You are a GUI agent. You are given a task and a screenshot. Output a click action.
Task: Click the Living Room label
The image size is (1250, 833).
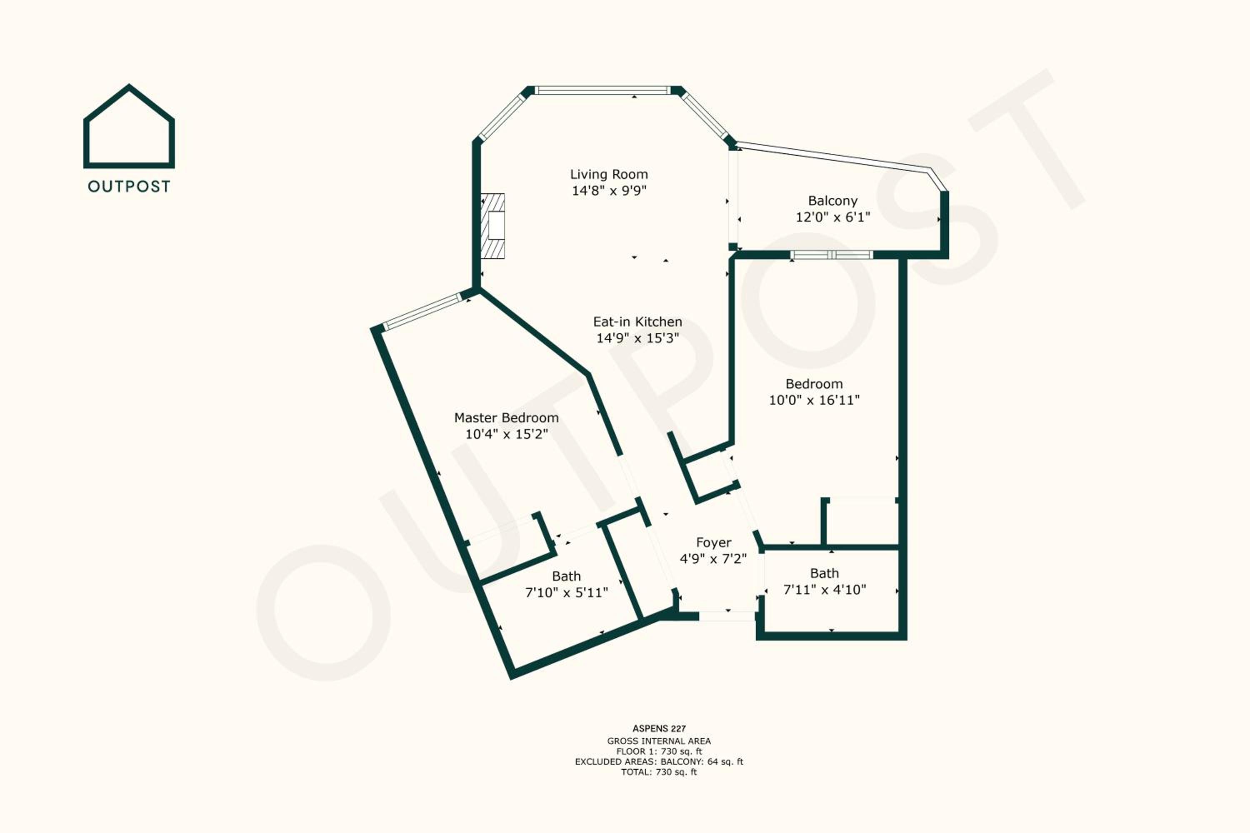tap(609, 174)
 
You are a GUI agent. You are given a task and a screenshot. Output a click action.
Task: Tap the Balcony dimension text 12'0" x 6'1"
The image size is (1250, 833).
tap(833, 217)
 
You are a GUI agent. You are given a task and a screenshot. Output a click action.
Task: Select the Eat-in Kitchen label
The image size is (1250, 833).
tap(638, 322)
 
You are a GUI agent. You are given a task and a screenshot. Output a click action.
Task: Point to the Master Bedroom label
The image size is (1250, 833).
tap(507, 418)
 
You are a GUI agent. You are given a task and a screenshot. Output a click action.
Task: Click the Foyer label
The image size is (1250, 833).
tap(714, 542)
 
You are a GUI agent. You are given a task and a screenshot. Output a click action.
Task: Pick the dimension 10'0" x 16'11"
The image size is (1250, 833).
tap(814, 400)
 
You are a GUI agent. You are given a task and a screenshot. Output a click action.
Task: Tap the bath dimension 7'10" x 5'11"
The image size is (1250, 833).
tap(567, 592)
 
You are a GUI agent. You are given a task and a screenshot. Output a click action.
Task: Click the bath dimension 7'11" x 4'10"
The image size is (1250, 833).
tap(825, 589)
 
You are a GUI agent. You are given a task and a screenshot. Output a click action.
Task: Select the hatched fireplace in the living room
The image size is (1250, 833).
tap(492, 226)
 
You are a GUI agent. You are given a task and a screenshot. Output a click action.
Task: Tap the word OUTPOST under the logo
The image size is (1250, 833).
tap(129, 187)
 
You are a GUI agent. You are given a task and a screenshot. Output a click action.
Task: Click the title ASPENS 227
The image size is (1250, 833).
tap(659, 728)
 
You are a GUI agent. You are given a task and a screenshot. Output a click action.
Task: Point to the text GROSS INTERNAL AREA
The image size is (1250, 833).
tap(659, 741)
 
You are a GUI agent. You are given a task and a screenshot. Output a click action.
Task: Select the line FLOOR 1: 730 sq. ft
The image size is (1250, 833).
tap(659, 751)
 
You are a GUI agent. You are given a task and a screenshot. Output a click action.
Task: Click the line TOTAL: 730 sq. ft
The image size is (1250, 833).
tap(659, 772)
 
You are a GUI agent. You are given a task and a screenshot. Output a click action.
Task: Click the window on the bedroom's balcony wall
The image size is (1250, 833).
tap(832, 255)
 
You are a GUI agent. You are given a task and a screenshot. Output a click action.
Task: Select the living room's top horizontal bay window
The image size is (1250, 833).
tap(602, 90)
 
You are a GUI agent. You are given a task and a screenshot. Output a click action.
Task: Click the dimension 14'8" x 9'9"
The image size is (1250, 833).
tap(609, 190)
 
